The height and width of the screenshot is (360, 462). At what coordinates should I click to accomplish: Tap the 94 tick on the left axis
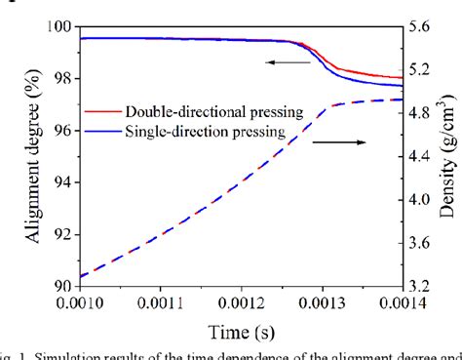(x=58, y=181)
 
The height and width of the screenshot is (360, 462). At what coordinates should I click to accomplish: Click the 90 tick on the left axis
(x=58, y=285)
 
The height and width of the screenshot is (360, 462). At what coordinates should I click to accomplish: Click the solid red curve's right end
(x=403, y=77)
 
